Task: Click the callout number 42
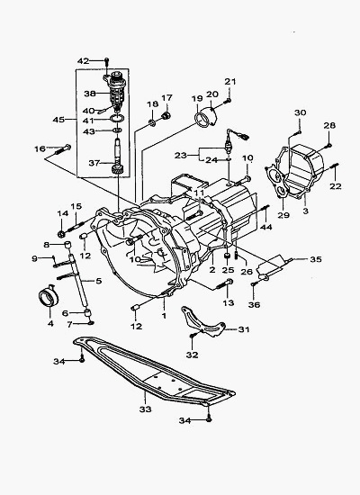(84, 60)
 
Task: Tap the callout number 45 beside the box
(58, 120)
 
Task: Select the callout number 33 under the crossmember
(145, 409)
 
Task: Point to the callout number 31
(244, 329)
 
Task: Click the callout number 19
(197, 98)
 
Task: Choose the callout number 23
(181, 156)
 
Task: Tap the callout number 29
(283, 215)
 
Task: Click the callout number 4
(50, 323)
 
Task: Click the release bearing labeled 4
(49, 297)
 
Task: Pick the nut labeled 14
(61, 234)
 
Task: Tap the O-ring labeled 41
(116, 119)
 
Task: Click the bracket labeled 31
(203, 322)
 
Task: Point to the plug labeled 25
(228, 255)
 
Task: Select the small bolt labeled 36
(253, 284)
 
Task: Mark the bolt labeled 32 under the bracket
(192, 337)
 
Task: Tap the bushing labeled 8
(67, 245)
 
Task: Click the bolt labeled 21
(228, 101)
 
